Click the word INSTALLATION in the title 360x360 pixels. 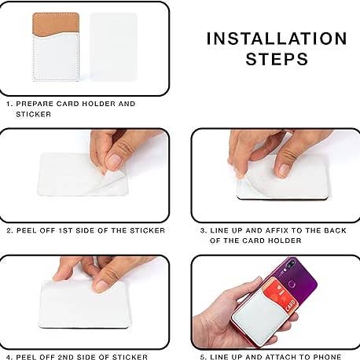click(277, 39)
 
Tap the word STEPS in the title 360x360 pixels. click(277, 59)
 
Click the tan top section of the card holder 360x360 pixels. click(56, 23)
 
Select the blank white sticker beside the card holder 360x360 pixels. click(113, 46)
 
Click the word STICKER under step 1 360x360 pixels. click(33, 114)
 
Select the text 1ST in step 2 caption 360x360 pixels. click(65, 230)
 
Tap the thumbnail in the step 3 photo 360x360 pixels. click(284, 171)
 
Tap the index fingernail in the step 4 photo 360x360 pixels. click(101, 286)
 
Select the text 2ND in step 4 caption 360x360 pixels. click(66, 357)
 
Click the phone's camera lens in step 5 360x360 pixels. click(289, 265)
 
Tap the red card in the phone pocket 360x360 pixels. click(281, 296)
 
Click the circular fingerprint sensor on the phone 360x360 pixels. click(292, 284)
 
